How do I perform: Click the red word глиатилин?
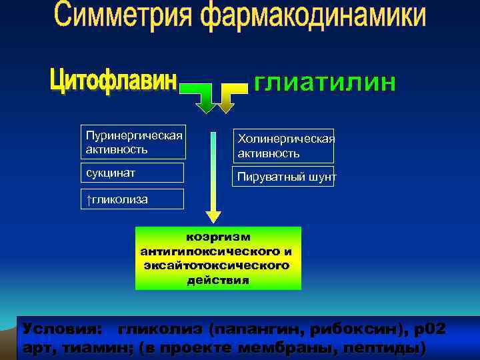click(x=325, y=83)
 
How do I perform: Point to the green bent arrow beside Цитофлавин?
click(x=201, y=97)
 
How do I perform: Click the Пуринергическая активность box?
click(x=134, y=142)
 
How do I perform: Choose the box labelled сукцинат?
click(x=134, y=173)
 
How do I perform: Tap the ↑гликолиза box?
click(x=134, y=199)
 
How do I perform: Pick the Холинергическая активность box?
click(x=283, y=145)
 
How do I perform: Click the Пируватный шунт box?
click(x=283, y=177)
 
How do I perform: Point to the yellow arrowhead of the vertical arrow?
click(x=213, y=216)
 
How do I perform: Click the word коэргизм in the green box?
click(x=218, y=237)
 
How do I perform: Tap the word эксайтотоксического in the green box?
click(x=217, y=265)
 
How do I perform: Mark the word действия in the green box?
click(x=218, y=280)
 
